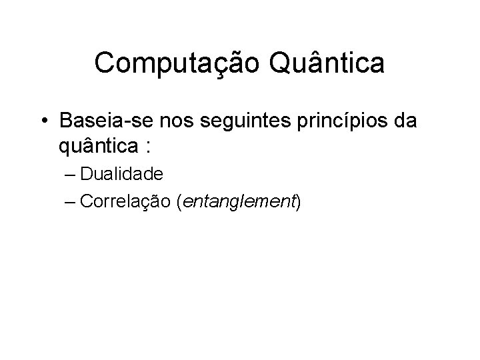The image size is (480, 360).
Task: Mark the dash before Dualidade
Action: (83, 175)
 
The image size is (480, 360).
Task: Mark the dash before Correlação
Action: (83, 201)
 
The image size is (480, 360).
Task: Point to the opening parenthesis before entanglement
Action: (179, 201)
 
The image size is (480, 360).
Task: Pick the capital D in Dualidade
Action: (98, 174)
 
